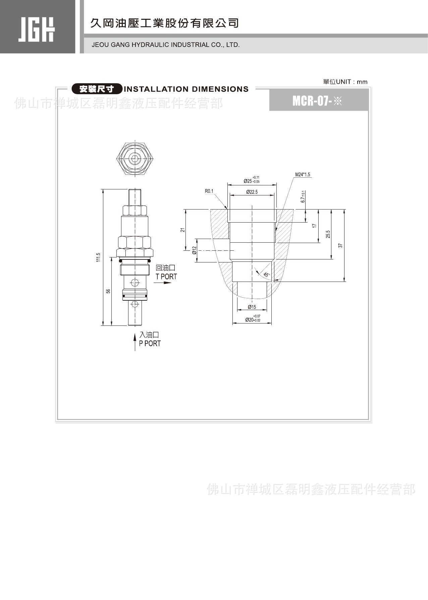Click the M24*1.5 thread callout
coord(303,175)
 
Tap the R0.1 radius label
coord(209,191)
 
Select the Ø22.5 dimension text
coord(252,192)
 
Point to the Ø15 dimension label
coord(252,307)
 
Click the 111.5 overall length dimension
coord(98,257)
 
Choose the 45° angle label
coord(266,275)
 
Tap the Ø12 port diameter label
coord(194,250)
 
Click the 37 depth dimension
coord(340,245)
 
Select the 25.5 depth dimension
coord(328,234)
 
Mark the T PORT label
coord(166,277)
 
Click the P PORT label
coord(150,343)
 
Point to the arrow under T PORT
coord(163,283)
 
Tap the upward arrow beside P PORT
coord(135,342)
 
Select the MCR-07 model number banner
coord(317,101)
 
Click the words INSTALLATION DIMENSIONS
coord(186,89)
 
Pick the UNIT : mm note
coord(345,82)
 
